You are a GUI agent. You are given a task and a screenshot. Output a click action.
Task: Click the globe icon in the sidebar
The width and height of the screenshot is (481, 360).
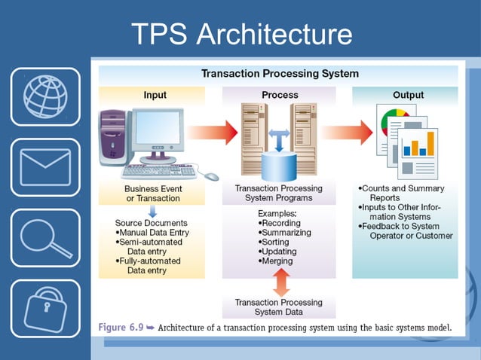pos(45,97)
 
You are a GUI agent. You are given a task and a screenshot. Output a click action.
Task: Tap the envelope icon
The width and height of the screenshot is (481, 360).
pos(45,167)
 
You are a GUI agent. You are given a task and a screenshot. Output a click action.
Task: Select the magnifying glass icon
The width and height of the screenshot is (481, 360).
pos(45,238)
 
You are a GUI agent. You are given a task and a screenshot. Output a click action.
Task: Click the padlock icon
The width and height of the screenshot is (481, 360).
pos(45,310)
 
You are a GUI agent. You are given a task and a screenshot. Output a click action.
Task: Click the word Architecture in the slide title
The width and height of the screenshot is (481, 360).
pos(274,34)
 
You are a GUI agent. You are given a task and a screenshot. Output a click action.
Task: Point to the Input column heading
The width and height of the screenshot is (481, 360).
pos(155,95)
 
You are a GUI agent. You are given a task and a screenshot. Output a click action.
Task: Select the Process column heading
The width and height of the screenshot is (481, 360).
pos(280,95)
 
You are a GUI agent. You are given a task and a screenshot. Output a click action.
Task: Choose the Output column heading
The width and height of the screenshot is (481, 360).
pos(409,95)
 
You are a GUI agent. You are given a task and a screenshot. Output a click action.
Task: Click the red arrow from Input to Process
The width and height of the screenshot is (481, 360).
pos(213,133)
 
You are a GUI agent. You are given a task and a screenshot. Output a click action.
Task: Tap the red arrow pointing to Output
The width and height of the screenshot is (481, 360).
pos(347,133)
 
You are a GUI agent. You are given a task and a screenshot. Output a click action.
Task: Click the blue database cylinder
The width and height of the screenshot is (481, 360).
pos(279,166)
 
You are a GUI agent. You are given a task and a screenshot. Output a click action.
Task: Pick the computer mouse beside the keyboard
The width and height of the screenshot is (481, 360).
pos(212,176)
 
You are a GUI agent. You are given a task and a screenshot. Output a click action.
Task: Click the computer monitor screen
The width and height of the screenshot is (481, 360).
pos(158,127)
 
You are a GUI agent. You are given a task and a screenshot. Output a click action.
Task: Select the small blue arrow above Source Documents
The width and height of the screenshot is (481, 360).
pos(152,212)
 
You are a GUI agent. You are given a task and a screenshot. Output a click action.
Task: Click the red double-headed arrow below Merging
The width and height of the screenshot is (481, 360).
pos(281,282)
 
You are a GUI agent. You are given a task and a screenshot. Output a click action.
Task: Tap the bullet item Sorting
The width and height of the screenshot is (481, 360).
pos(274,242)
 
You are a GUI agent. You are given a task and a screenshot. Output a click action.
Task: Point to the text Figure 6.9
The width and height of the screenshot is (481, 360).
pos(121,327)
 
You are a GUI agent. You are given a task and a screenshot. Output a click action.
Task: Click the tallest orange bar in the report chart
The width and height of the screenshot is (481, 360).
pos(430,143)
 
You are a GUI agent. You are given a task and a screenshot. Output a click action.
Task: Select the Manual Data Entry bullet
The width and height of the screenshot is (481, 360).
pos(152,233)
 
